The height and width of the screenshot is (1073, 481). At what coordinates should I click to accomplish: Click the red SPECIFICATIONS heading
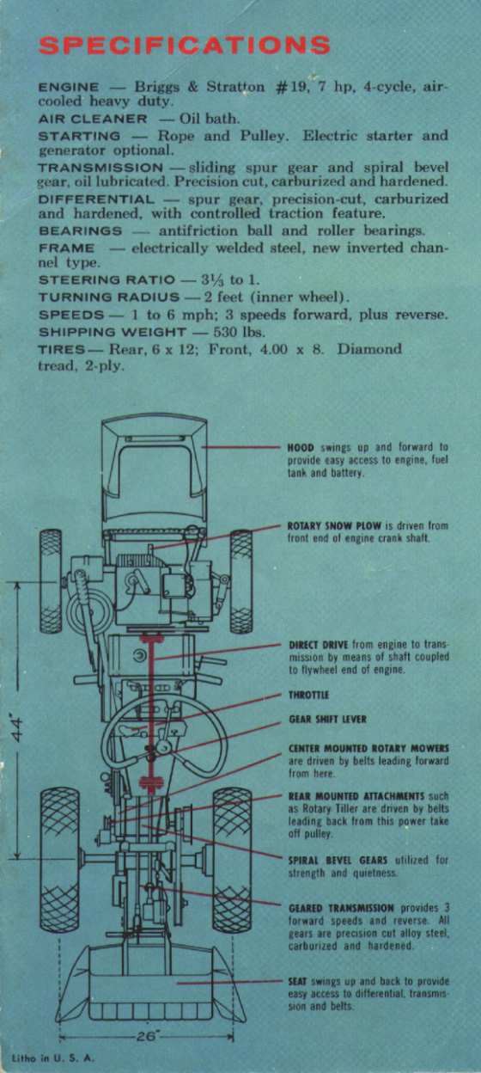pos(184,46)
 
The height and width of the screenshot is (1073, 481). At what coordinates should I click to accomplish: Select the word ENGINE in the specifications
pos(69,88)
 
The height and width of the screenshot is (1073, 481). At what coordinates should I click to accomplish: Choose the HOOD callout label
pos(301,448)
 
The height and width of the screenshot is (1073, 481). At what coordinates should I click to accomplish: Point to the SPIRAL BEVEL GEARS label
pos(338,860)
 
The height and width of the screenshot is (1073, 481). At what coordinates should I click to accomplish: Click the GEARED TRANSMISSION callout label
pos(342,908)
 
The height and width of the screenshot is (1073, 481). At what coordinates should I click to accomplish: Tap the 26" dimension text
pos(146,1037)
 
